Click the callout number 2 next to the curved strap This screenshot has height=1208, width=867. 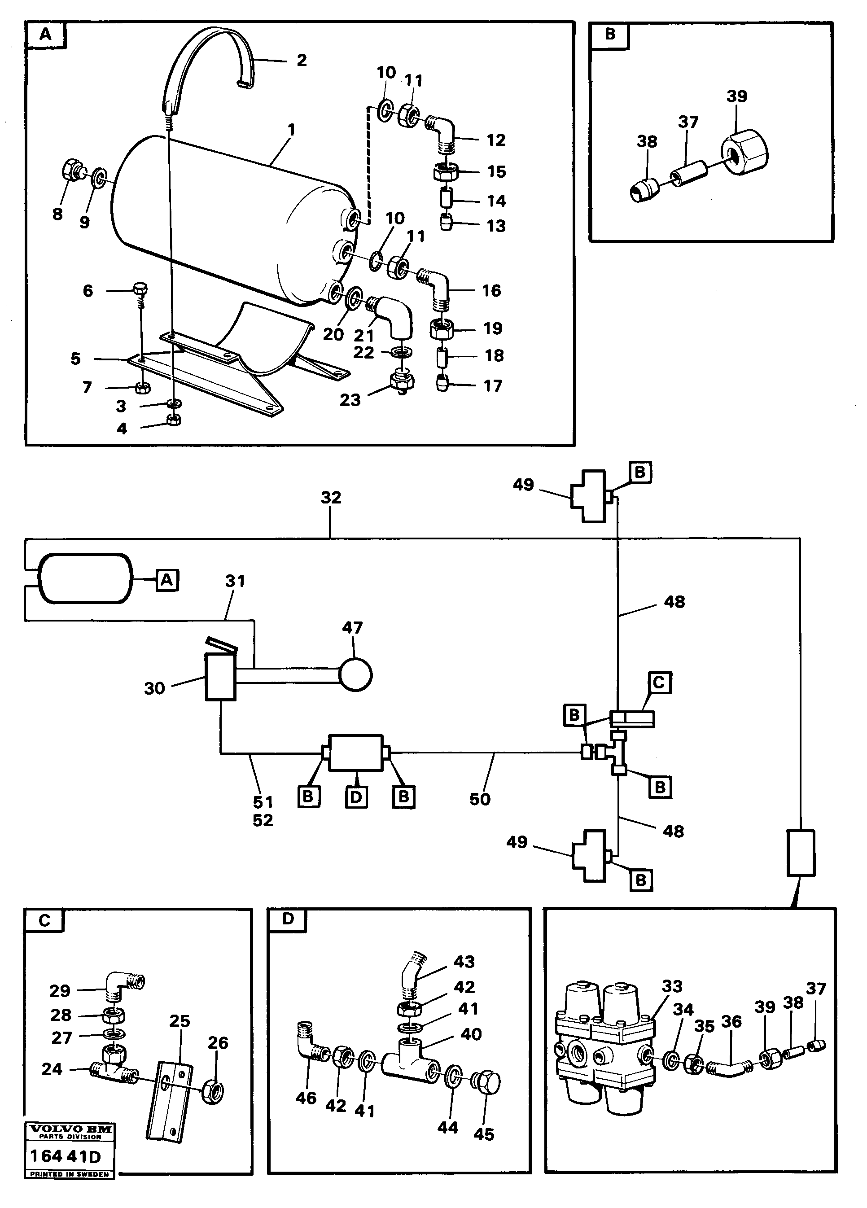click(302, 60)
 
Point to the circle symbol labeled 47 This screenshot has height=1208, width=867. click(355, 675)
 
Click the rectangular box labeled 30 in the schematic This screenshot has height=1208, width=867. click(220, 677)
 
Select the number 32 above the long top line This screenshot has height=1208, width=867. click(331, 498)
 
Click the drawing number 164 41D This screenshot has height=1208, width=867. click(66, 1157)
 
